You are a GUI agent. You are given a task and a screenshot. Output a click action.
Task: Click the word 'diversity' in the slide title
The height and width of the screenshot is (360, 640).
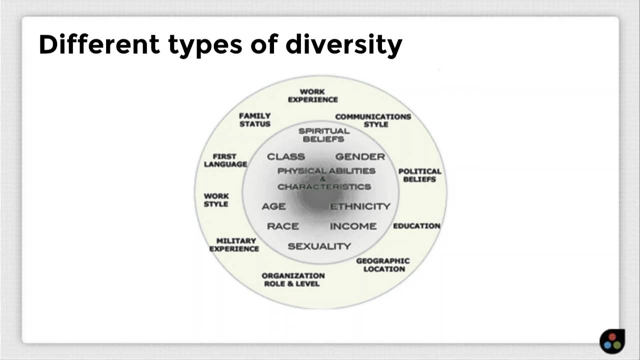pos(343,44)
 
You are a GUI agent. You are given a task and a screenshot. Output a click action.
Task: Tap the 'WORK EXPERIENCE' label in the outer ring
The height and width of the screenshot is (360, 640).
pos(312,95)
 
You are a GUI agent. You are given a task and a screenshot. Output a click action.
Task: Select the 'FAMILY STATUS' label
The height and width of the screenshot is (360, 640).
pos(254,120)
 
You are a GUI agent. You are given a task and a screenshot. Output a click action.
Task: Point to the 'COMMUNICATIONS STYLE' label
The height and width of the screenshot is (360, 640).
pos(373,120)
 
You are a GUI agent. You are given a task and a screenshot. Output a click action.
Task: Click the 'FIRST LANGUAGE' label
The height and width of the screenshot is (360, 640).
pos(225,160)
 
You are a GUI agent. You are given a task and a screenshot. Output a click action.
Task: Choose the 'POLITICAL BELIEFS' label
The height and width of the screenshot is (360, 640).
pos(419,175)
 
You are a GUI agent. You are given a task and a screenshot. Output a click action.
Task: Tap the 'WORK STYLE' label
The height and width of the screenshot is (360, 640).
pos(216,200)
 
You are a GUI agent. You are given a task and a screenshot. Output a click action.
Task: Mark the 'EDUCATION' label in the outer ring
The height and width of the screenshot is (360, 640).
pos(416,226)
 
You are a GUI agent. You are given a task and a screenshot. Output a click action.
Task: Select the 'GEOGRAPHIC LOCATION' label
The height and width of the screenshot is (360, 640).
pos(383,265)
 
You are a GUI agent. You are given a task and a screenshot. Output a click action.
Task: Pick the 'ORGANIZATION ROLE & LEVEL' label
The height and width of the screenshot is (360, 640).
pos(293,279)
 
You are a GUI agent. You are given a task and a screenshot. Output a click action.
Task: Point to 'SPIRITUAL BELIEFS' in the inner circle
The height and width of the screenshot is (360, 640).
pos(323,135)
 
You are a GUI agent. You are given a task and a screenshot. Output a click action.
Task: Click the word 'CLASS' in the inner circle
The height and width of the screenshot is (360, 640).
pos(285,156)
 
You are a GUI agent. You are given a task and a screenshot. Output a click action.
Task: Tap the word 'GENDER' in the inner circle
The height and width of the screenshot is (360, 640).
pos(360,156)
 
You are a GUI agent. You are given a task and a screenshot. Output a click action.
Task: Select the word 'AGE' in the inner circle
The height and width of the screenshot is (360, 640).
pos(273,206)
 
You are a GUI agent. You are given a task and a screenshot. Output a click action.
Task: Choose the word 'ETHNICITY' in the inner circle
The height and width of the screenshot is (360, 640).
pos(360,206)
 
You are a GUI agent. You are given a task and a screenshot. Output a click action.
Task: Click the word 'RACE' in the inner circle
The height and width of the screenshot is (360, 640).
pos(282,226)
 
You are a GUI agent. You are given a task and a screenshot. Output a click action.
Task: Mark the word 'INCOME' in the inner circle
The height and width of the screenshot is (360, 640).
pos(353,226)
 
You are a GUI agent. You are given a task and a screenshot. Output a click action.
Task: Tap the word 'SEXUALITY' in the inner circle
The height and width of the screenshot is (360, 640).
pos(319,246)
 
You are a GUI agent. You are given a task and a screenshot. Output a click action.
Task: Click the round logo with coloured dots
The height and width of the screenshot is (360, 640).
pos(612,341)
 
